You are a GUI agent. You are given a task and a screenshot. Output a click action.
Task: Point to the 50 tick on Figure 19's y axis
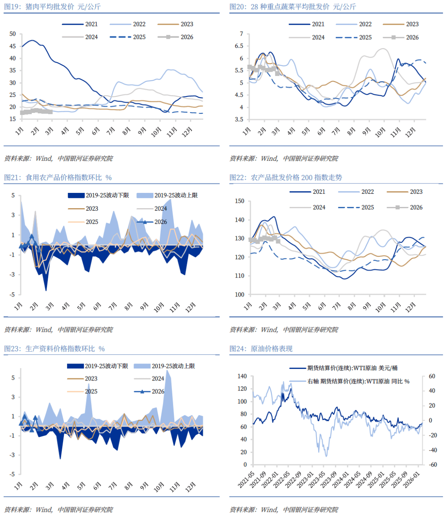coord(13,34)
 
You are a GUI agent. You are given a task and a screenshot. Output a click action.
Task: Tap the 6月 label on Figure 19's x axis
coord(96,131)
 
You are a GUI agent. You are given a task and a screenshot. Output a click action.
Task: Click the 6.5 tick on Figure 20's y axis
coord(239,46)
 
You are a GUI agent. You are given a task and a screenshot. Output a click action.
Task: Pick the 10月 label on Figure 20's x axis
coord(380,132)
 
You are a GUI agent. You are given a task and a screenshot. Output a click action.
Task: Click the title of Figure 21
coord(58,178)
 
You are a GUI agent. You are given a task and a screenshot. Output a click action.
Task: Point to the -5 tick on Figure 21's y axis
coord(13,295)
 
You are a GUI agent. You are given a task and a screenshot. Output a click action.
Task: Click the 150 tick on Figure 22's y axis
coord(239,201)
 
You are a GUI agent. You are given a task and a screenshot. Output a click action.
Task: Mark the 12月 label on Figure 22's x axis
coord(410,307)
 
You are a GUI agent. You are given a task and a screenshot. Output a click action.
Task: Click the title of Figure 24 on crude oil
coord(261,349)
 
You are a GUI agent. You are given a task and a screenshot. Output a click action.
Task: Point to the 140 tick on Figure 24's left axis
coord(242,376)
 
